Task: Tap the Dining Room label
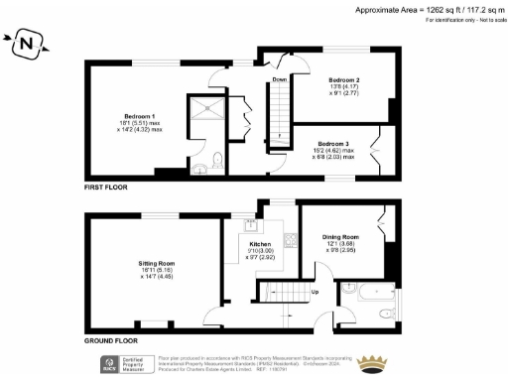click(340, 237)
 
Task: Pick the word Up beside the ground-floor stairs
click(316, 293)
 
